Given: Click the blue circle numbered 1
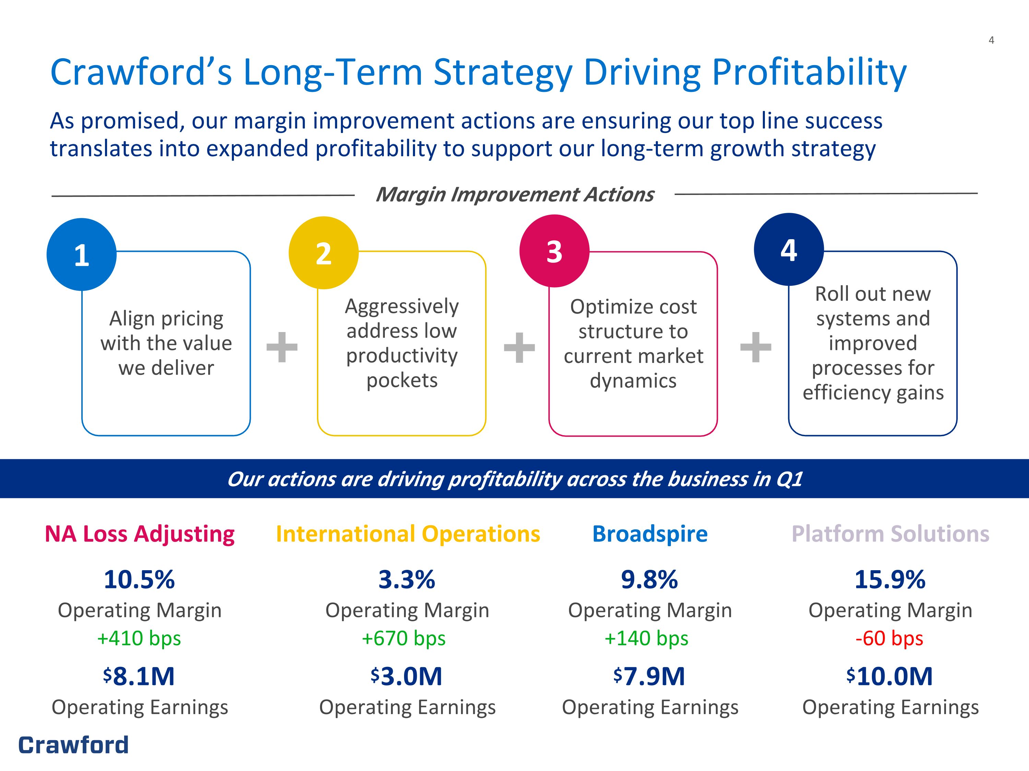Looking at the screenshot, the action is [81, 254].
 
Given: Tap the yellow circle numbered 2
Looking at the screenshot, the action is [323, 253].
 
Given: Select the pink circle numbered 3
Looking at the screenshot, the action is [554, 251].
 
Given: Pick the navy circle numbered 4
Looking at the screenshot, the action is [789, 249].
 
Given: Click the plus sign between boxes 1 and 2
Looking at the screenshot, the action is [282, 347].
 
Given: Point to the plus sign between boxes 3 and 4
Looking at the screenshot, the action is [756, 347].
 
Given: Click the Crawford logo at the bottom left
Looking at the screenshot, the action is [73, 745].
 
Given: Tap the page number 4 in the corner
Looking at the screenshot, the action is [991, 40].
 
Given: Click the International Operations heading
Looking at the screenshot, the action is [408, 534].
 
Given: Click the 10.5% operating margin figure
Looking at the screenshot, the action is [139, 579].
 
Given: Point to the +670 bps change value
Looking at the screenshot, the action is [403, 638].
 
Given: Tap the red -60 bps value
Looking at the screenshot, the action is [889, 638].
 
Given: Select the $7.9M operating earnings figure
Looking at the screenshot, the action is [649, 676].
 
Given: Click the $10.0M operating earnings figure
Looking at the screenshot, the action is [889, 676].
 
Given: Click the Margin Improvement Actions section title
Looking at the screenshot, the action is [514, 195].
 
